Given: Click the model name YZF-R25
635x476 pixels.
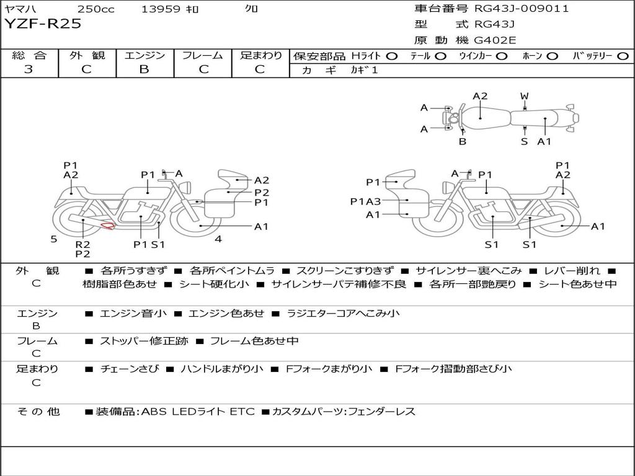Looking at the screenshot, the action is [x=43, y=25].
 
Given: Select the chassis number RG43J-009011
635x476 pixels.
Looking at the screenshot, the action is [x=522, y=9].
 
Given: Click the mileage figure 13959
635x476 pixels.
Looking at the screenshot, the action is [x=161, y=9].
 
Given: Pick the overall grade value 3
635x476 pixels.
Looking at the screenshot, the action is [x=29, y=69].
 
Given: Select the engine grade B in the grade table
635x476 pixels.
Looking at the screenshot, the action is [x=144, y=69].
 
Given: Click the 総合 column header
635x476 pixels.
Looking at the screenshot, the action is [x=29, y=55].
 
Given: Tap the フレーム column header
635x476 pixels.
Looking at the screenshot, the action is [x=202, y=55].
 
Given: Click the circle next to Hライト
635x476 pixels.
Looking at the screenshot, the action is [x=392, y=56].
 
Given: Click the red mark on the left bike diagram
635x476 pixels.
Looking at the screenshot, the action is [x=109, y=226].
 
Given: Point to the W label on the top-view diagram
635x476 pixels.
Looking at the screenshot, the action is [x=525, y=96].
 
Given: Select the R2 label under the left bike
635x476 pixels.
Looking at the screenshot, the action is [x=82, y=244].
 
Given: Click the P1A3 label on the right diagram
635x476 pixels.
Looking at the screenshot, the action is [x=365, y=201].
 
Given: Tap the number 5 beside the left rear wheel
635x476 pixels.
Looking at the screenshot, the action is [x=54, y=239].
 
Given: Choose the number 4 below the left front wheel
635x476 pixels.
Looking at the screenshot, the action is [x=218, y=239].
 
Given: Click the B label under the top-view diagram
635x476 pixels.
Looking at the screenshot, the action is [x=463, y=141].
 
